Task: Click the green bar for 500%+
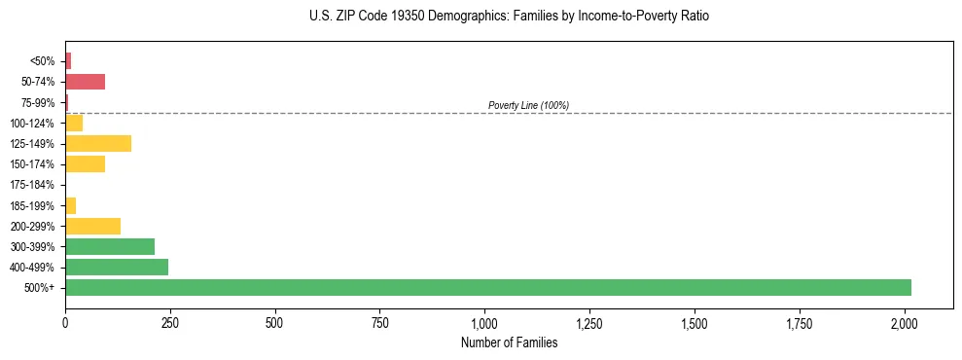487,287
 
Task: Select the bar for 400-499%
117,267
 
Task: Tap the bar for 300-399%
110,246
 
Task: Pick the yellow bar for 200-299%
92,226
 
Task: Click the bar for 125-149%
98,144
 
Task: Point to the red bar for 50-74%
85,82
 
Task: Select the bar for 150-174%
85,164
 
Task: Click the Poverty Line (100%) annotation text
528,105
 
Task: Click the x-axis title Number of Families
510,342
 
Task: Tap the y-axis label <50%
43,61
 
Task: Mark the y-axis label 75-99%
39,102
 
